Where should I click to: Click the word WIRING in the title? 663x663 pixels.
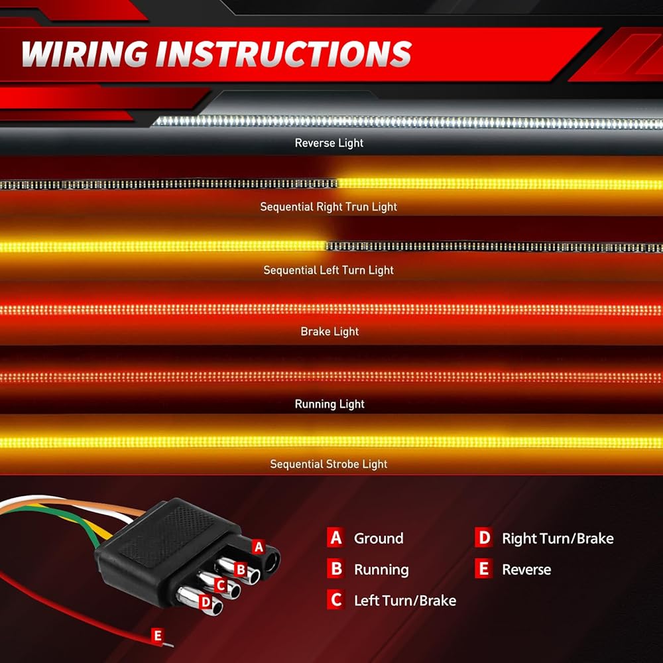(x=85, y=54)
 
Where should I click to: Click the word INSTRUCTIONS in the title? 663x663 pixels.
(x=284, y=54)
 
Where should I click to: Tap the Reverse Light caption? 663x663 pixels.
(x=329, y=143)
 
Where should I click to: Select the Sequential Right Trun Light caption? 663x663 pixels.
(x=329, y=207)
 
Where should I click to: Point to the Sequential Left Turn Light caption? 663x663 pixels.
(x=329, y=271)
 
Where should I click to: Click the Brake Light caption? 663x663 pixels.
(x=330, y=331)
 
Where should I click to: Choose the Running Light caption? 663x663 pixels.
(x=330, y=404)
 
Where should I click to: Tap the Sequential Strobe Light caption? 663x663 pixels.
(x=329, y=464)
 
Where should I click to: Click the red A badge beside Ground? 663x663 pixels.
(x=335, y=538)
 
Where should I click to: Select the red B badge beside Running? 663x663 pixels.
(x=335, y=569)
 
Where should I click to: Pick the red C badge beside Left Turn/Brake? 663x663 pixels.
(x=335, y=599)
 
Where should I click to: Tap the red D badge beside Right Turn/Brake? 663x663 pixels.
(x=484, y=538)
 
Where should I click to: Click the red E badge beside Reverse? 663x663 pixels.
(x=484, y=569)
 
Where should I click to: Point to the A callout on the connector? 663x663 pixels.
(x=259, y=547)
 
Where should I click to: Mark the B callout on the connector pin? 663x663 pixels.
(x=241, y=569)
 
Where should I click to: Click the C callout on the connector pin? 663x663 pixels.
(x=220, y=585)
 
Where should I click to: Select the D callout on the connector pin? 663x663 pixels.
(x=206, y=602)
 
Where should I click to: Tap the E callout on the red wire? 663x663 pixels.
(x=158, y=636)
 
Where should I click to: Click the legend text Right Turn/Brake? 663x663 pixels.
(x=558, y=538)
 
